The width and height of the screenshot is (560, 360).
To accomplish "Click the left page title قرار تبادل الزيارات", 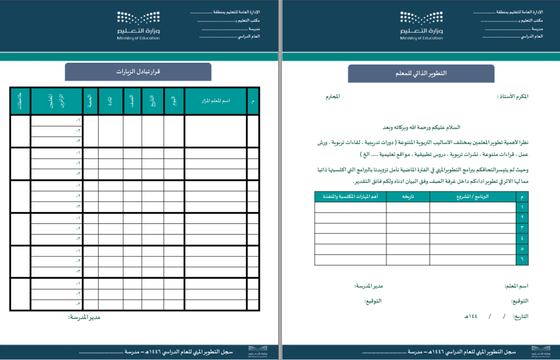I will (138, 72).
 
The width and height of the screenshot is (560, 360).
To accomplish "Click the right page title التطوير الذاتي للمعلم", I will (421, 74).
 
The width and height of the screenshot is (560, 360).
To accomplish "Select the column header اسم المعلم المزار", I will (215, 101).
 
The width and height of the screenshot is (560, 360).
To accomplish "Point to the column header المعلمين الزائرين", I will (56, 101).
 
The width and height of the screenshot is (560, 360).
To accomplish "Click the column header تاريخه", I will (408, 197).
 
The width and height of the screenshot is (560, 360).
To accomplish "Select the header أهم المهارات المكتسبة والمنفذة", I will (350, 197).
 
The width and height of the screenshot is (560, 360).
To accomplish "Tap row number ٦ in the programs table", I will (522, 260).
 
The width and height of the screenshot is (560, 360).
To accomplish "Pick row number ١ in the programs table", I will (522, 207).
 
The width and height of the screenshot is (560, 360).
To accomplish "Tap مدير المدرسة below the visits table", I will (84, 317).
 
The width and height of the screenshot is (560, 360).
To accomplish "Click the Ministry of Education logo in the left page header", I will (138, 25).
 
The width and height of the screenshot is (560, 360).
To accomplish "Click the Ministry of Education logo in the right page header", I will (422, 25).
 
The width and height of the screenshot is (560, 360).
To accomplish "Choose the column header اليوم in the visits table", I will (174, 101).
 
